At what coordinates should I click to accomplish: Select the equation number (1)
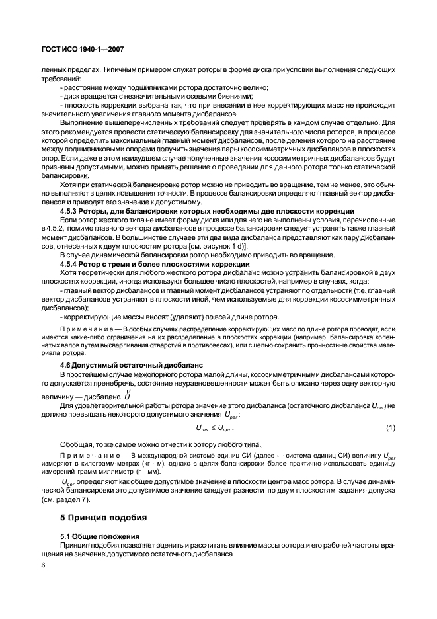click(390, 429)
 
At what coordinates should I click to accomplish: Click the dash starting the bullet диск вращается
click(61, 97)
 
